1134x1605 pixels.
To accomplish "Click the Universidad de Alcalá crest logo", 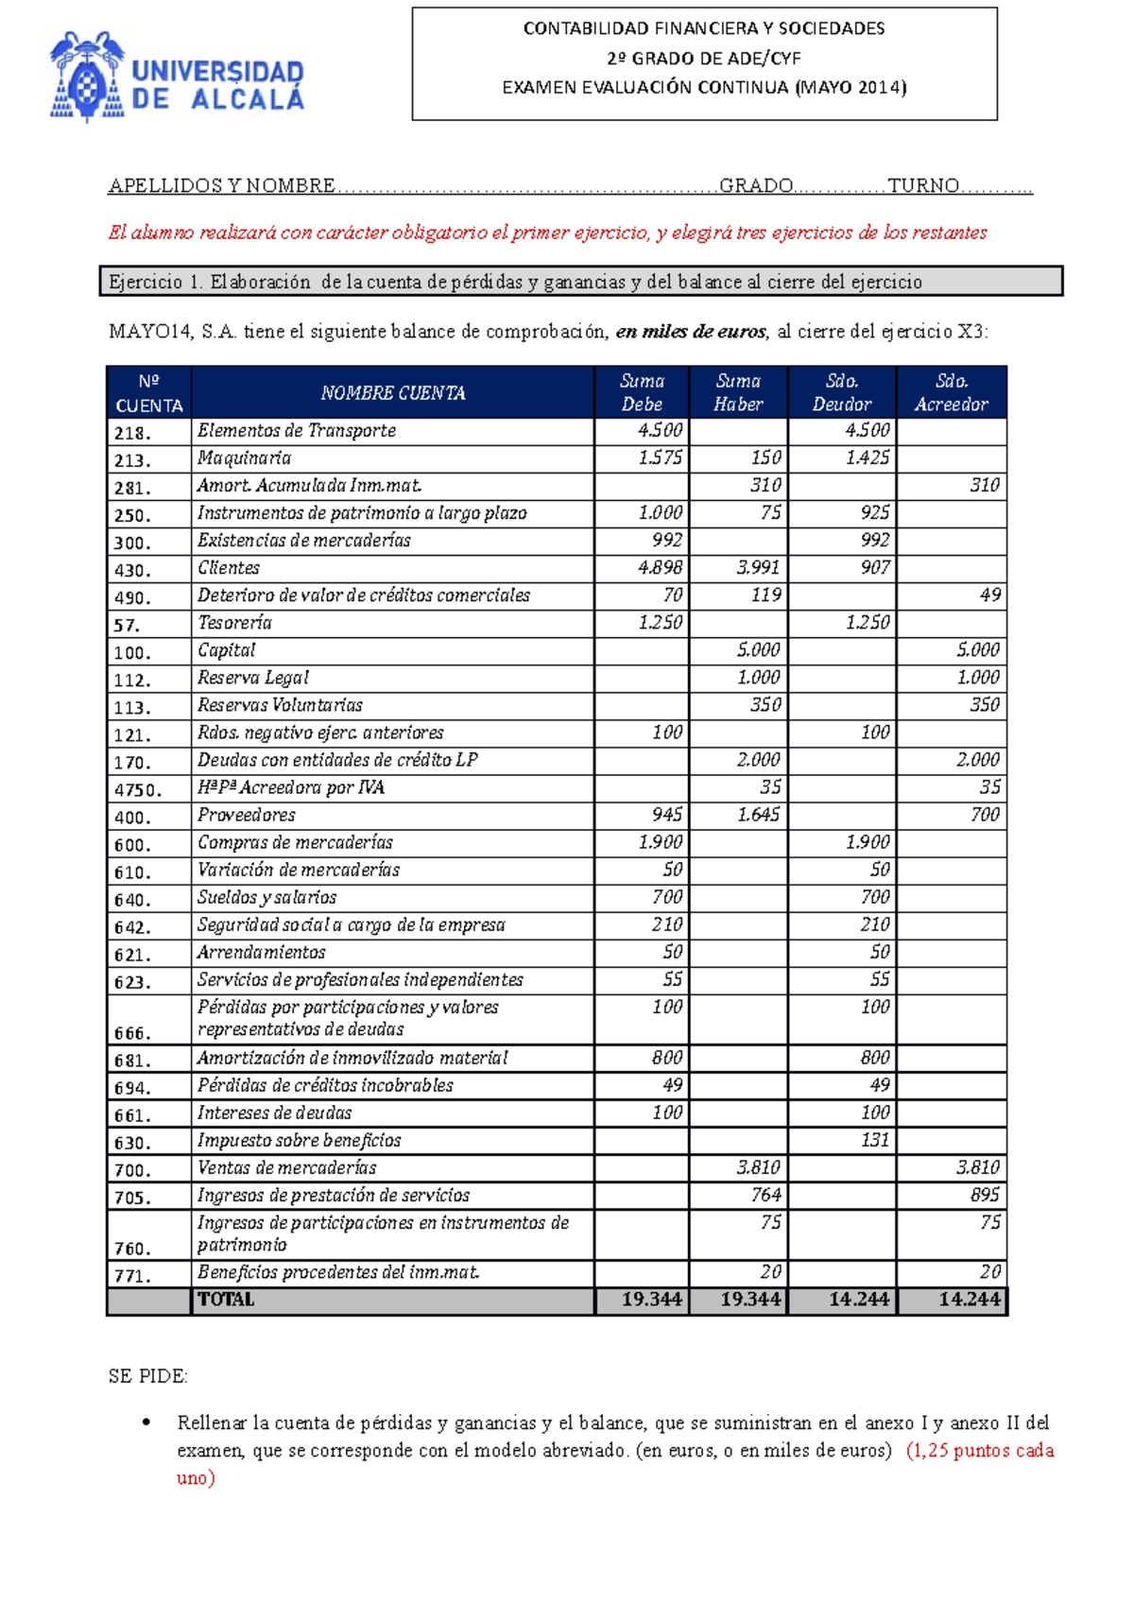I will point(87,76).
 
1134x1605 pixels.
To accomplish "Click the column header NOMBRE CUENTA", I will point(392,393).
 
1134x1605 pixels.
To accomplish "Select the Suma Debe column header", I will point(642,392).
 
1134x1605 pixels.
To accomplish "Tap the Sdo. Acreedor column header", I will point(951,392).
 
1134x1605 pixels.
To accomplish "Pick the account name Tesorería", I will point(234,623).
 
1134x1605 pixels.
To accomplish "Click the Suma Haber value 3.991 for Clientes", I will point(758,568).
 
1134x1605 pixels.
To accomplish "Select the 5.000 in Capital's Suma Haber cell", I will point(758,650).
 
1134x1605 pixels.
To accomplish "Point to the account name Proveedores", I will point(246,815).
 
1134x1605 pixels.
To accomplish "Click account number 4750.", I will point(138,789).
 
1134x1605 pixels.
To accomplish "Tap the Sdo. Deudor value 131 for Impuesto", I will point(874,1140).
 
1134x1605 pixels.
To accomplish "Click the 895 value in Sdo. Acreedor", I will point(984,1195).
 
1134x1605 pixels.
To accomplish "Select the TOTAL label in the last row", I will point(226,1300).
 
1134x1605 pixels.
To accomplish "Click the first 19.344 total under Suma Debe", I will point(651,1300).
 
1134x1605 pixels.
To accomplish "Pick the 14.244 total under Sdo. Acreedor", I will point(969,1300).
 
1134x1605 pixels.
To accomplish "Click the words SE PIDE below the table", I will point(148,1376).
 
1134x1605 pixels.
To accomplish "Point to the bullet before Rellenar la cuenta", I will point(146,1423).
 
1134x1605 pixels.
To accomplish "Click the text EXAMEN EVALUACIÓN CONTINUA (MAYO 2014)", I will point(704,88).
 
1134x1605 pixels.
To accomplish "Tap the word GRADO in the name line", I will point(756,186).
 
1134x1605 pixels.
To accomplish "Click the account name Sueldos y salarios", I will point(266,897).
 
